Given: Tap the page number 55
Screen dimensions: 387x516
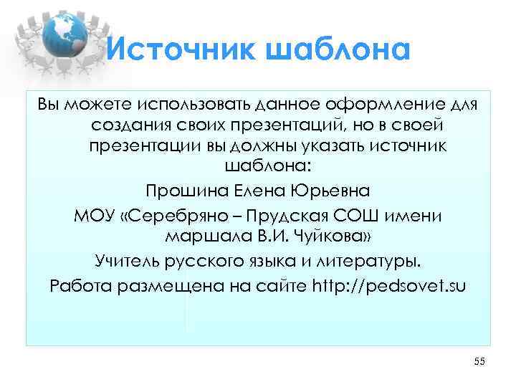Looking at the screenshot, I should [479, 363].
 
